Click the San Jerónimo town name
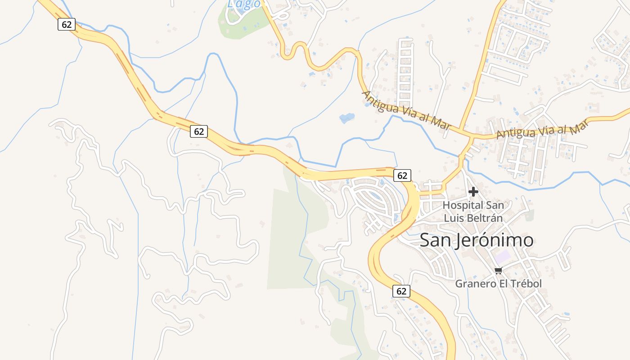pos(477,240)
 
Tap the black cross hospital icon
pos(473,192)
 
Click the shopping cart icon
pos(498,270)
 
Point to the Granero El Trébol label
pos(498,283)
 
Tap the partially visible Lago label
pos(243,4)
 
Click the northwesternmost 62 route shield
pos(66,24)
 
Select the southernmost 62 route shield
pos(401,291)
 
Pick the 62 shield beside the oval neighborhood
pos(402,175)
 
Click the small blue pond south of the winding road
pos(346,118)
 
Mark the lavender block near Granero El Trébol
pos(503,257)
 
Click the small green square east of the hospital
pos(530,215)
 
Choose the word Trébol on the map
pos(525,283)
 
